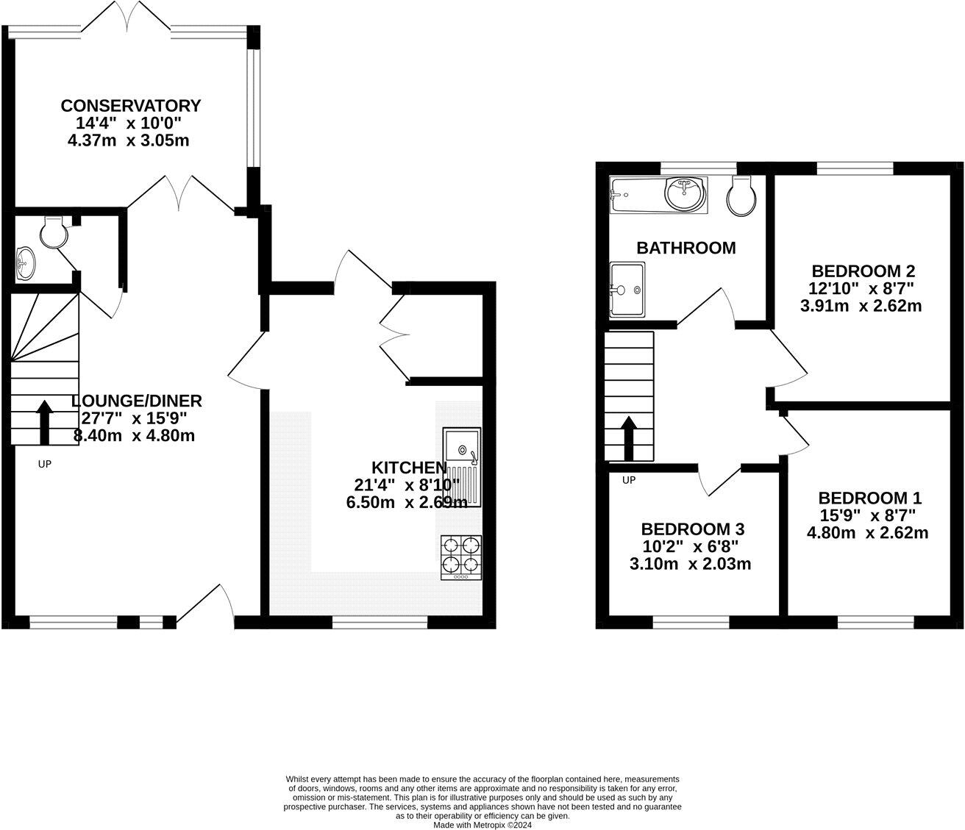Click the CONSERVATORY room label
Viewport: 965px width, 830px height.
point(130,106)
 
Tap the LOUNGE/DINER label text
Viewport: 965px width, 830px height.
point(137,401)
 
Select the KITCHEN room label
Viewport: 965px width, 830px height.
point(408,468)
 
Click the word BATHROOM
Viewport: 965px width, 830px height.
point(686,248)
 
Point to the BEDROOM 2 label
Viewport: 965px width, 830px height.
point(861,271)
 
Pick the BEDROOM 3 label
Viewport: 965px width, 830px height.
point(692,529)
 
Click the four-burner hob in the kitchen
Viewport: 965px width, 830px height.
point(461,557)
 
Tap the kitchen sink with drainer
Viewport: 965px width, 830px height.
point(462,467)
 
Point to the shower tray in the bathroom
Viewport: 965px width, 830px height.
point(627,290)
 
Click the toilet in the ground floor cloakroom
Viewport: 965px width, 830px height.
point(54,232)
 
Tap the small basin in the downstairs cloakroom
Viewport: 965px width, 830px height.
point(24,263)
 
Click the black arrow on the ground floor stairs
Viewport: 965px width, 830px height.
point(44,421)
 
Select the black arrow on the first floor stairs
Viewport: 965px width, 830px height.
point(629,437)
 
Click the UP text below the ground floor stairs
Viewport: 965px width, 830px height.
point(44,464)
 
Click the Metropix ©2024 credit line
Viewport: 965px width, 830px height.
point(482,825)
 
